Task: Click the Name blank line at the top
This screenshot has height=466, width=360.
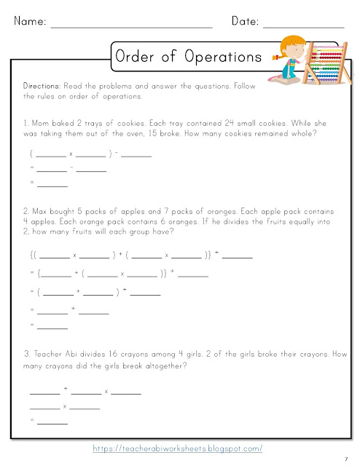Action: [x=131, y=26]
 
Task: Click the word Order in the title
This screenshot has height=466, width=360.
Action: [x=139, y=56]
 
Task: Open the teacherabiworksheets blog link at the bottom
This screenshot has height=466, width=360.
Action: [x=178, y=449]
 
